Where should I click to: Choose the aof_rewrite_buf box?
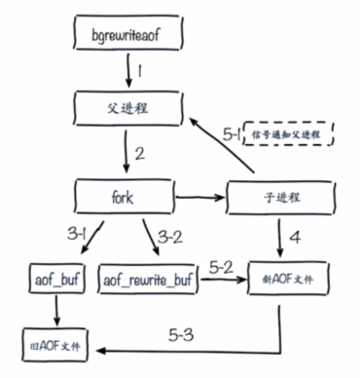tap(144, 279)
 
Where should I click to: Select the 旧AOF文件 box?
tap(53, 346)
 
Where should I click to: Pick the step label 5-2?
tap(222, 264)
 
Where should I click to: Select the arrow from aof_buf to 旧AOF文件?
tap(54, 312)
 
